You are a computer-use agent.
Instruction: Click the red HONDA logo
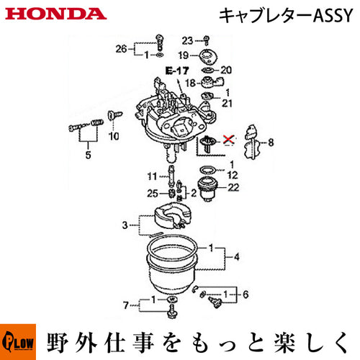[55, 14]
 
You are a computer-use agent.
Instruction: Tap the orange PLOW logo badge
[18, 342]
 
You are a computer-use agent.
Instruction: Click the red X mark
[228, 139]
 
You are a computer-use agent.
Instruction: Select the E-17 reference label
[177, 71]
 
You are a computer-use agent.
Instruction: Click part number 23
[187, 41]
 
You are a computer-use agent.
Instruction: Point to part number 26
[121, 49]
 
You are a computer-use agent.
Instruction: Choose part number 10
[114, 136]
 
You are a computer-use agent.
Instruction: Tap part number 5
[88, 155]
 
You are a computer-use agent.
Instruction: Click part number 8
[271, 143]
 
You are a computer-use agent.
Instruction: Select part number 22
[233, 187]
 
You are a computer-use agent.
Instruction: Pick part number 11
[152, 176]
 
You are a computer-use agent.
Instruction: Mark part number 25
[153, 194]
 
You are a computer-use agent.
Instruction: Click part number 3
[125, 225]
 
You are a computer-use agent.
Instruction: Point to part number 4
[237, 257]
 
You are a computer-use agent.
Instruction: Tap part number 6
[246, 294]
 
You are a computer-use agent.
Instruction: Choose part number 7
[126, 305]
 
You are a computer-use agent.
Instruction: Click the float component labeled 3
[173, 215]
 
